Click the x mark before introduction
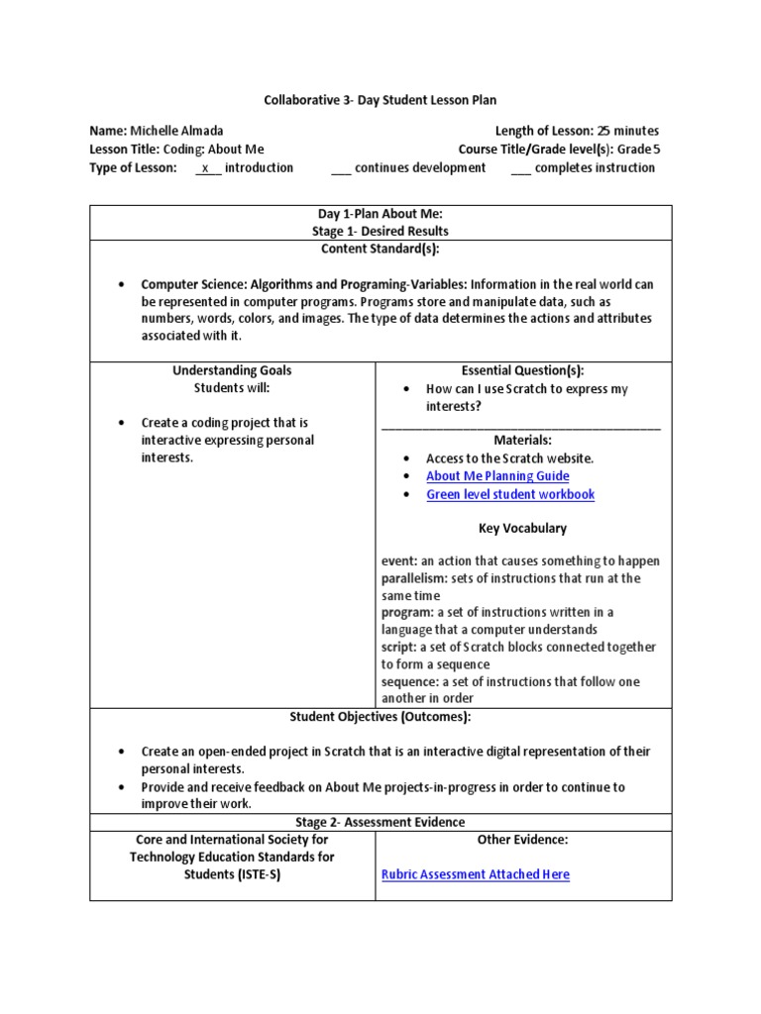[205, 167]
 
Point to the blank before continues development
[340, 168]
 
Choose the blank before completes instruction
[520, 168]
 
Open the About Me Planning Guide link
[497, 476]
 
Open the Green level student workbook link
[510, 494]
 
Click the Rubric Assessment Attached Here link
[476, 874]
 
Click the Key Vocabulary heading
[523, 528]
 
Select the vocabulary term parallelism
[413, 578]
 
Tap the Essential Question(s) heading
[523, 370]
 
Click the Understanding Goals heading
[232, 370]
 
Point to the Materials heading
[523, 440]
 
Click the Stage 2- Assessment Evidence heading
[380, 822]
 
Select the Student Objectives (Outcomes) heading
[380, 716]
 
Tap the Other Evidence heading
[523, 840]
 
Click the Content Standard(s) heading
[380, 249]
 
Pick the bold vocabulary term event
[399, 560]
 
